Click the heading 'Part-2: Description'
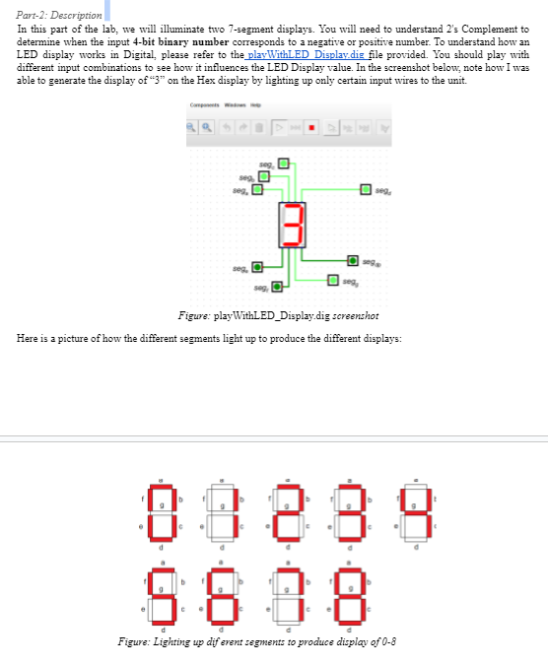[59, 16]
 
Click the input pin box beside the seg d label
[366, 189]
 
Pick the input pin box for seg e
[257, 267]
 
